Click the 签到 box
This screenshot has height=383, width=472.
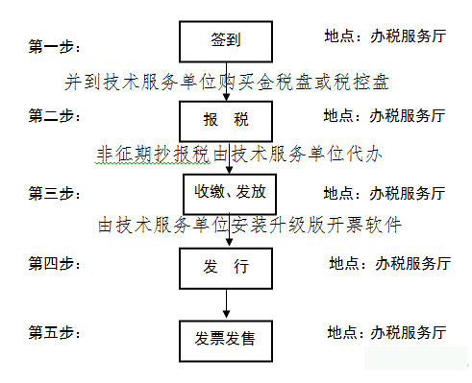[226, 41]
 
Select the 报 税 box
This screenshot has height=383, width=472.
[226, 121]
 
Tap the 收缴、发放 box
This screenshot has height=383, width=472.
[230, 194]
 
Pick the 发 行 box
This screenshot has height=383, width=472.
[226, 269]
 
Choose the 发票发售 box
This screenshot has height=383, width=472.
[226, 342]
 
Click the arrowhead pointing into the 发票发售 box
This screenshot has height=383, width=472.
[226, 314]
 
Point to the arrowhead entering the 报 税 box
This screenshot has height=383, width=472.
[226, 97]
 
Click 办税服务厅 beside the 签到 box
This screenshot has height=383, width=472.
[408, 36]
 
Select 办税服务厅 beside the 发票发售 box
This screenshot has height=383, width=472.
[409, 333]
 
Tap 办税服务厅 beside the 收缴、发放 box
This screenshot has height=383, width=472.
[408, 194]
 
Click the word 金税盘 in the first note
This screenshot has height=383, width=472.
[284, 82]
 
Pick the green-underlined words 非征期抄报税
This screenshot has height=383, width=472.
[153, 154]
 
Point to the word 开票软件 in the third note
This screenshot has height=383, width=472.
[363, 225]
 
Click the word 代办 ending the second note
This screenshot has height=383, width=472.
[364, 154]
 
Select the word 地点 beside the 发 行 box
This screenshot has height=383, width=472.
[344, 264]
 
